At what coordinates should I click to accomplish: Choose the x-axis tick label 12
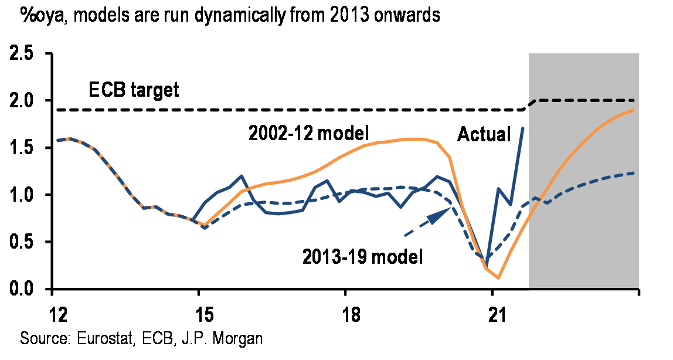[53, 309]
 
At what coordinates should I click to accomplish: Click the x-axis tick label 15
[199, 309]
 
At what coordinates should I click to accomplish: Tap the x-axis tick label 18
[346, 309]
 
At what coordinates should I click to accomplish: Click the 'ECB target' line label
[133, 91]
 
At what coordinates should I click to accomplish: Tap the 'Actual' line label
[484, 134]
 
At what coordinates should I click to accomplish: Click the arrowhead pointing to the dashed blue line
[436, 216]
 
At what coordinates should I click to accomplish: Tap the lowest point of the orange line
[498, 278]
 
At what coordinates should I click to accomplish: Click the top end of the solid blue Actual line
[522, 127]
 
